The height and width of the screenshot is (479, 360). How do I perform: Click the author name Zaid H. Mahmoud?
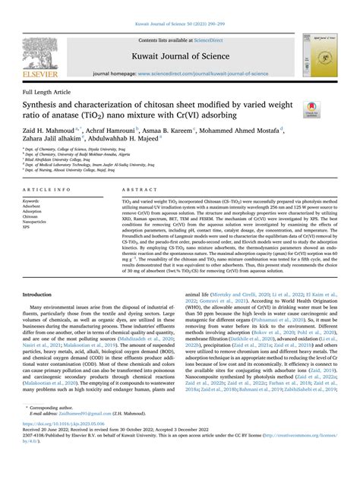(x=49, y=131)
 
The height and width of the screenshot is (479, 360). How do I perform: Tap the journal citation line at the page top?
(x=179, y=6)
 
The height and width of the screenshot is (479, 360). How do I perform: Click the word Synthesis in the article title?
(x=45, y=105)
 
